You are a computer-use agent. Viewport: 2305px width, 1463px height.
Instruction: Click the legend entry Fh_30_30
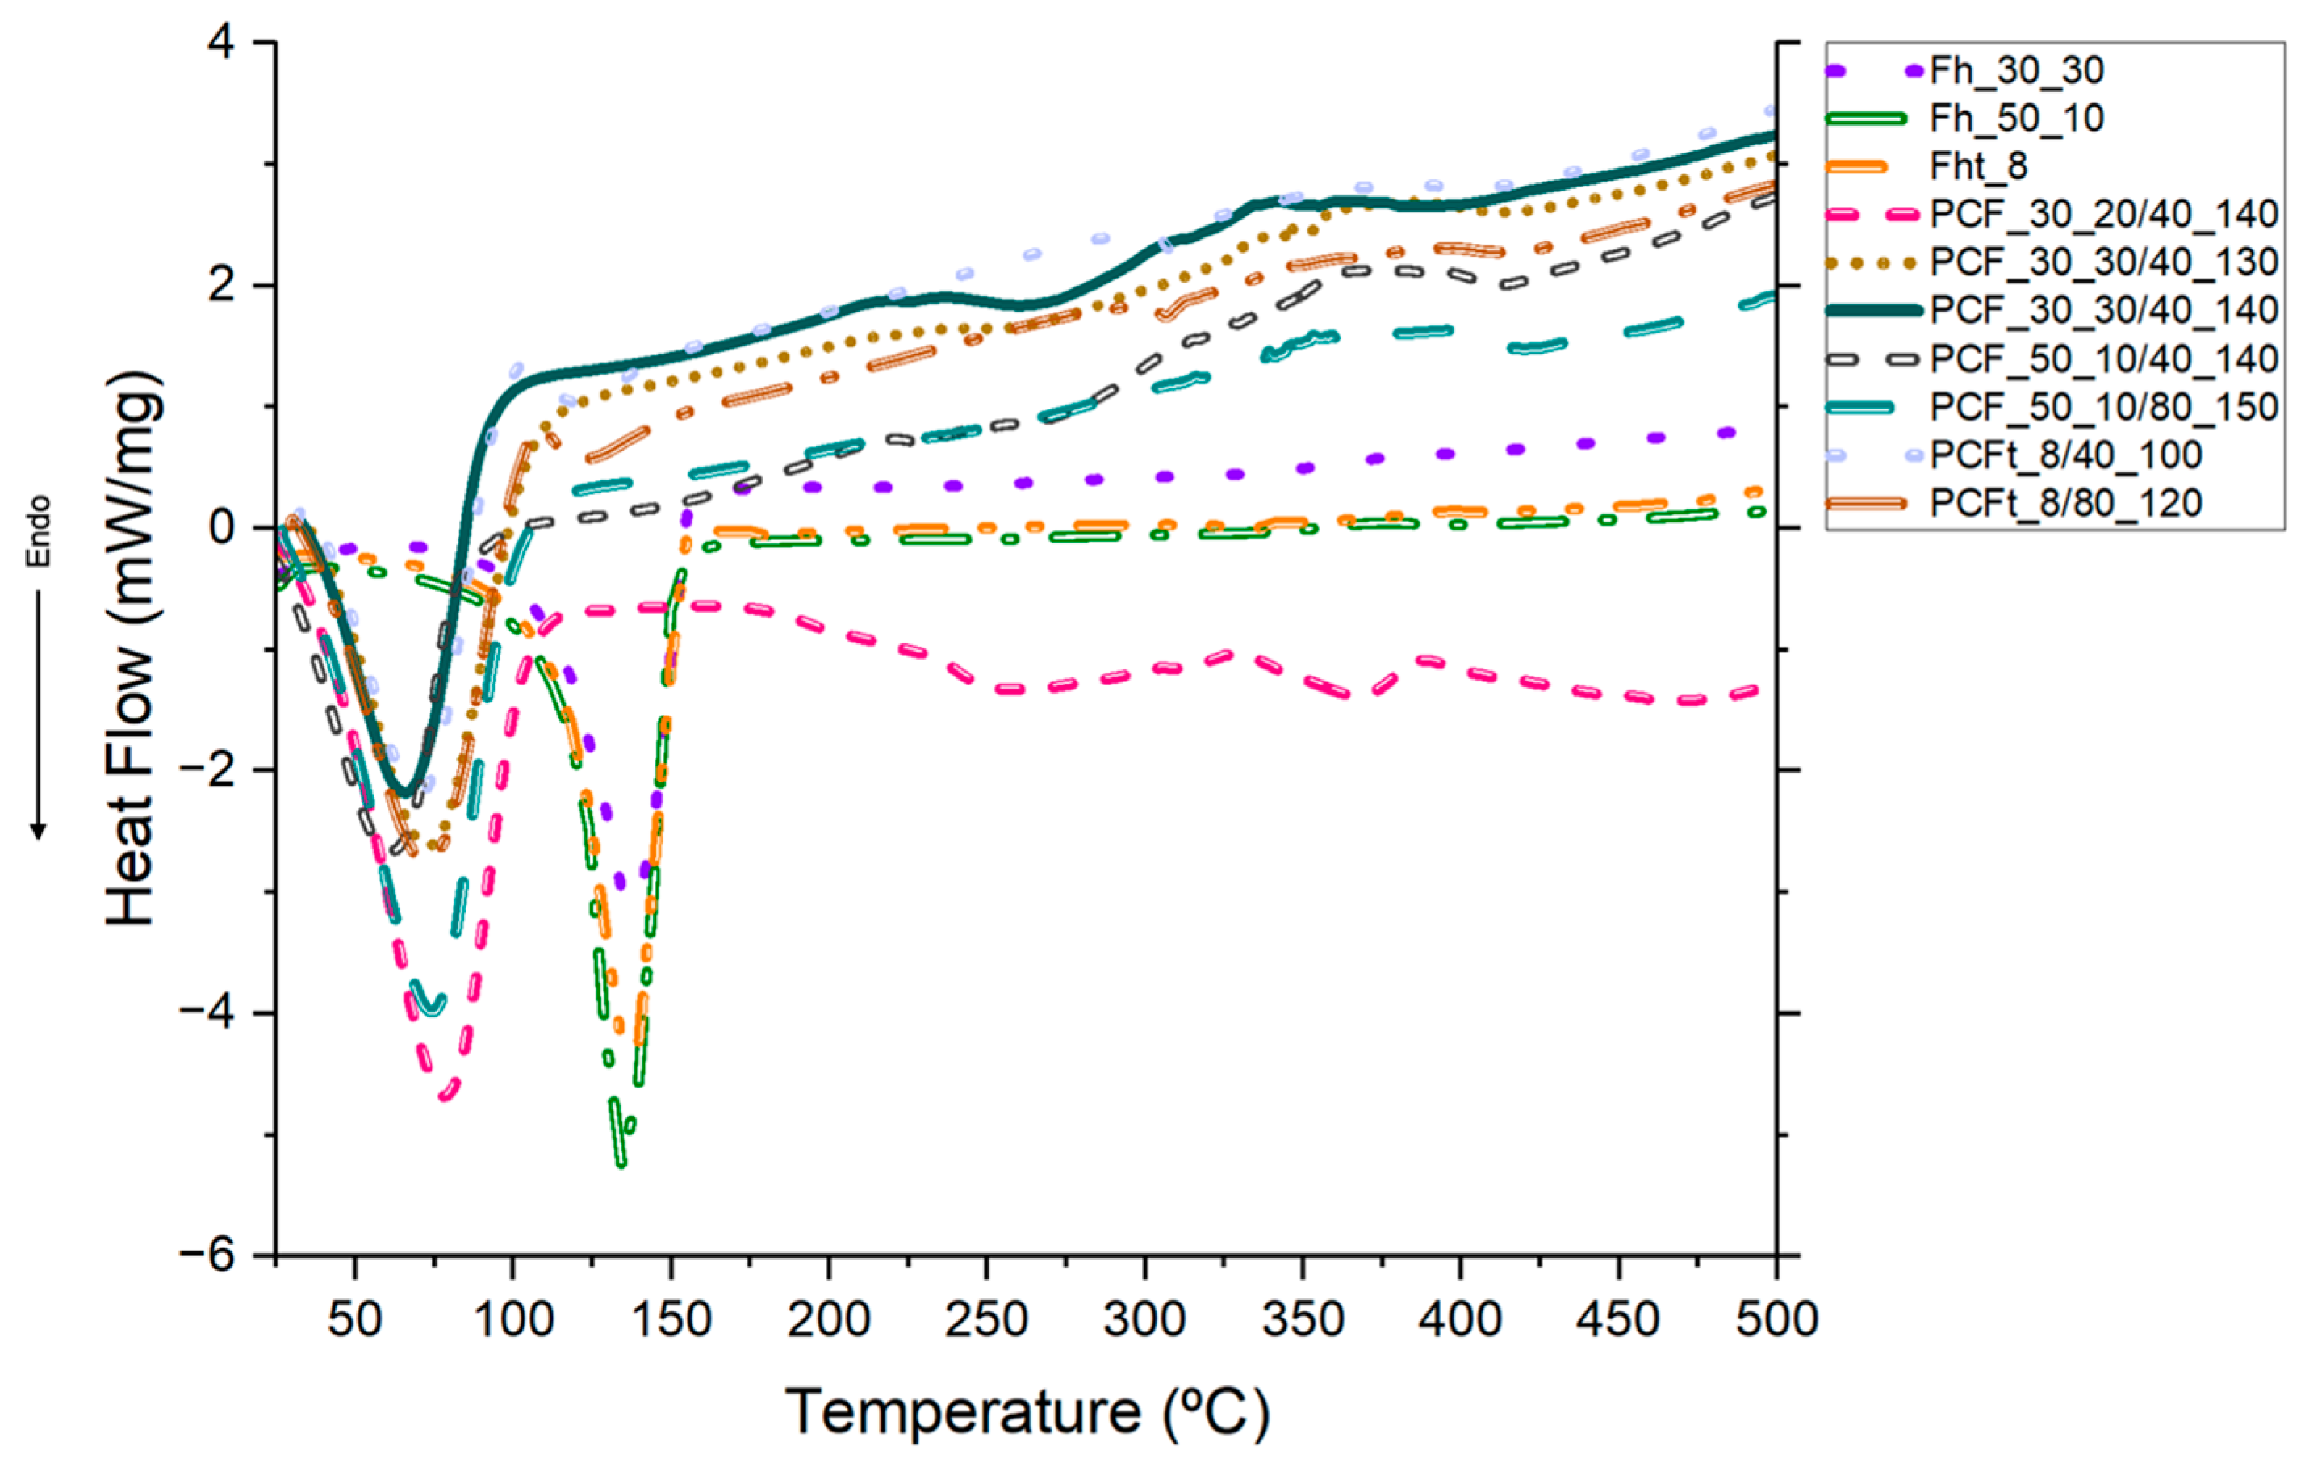click(x=2016, y=70)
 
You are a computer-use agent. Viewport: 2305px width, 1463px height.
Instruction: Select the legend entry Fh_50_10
click(x=2016, y=118)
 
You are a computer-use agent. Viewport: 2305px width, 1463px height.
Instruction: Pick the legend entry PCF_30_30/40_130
click(x=2103, y=262)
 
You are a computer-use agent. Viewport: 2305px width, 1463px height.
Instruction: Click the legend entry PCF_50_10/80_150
click(x=2103, y=407)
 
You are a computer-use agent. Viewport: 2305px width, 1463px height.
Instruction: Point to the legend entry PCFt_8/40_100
click(x=2065, y=455)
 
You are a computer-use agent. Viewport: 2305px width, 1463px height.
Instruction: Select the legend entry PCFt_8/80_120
click(x=2065, y=504)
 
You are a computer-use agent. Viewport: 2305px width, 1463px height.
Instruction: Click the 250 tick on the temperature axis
click(x=986, y=1319)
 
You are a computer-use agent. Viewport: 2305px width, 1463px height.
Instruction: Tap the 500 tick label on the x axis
click(x=1776, y=1319)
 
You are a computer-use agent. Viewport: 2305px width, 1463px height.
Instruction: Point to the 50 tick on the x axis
click(x=354, y=1319)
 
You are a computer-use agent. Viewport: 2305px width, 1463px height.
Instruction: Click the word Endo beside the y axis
click(x=38, y=531)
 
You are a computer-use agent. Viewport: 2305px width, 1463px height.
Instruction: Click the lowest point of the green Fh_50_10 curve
click(x=621, y=1164)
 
